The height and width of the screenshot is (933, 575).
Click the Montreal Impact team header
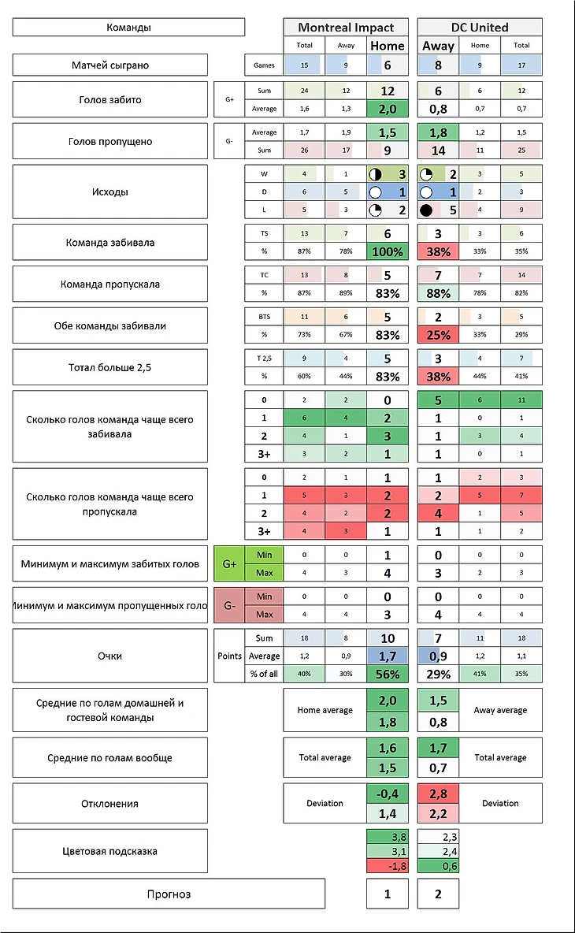pyautogui.click(x=346, y=28)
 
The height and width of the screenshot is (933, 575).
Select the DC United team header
pyautogui.click(x=480, y=28)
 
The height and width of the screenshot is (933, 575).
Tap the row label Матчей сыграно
pyautogui.click(x=110, y=65)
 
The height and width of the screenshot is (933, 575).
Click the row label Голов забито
pyautogui.click(x=110, y=100)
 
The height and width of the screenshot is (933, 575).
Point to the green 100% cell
pyautogui.click(x=388, y=252)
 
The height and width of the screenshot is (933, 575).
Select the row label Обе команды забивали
pyautogui.click(x=110, y=325)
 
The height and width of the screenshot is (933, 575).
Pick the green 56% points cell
pyautogui.click(x=388, y=674)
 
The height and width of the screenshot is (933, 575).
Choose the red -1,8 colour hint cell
pyautogui.click(x=388, y=866)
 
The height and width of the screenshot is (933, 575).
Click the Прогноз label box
pyautogui.click(x=169, y=894)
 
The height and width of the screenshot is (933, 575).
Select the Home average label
pyautogui.click(x=325, y=710)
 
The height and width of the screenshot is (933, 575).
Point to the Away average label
pyautogui.click(x=500, y=710)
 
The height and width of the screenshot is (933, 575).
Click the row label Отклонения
pyautogui.click(x=110, y=804)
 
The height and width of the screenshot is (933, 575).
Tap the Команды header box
pyautogui.click(x=128, y=28)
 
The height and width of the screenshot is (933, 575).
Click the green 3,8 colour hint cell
pyautogui.click(x=388, y=837)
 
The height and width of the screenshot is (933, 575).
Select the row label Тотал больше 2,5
pyautogui.click(x=110, y=367)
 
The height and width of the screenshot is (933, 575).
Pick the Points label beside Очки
pyautogui.click(x=229, y=656)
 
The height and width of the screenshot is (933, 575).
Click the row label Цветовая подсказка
pyautogui.click(x=110, y=851)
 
